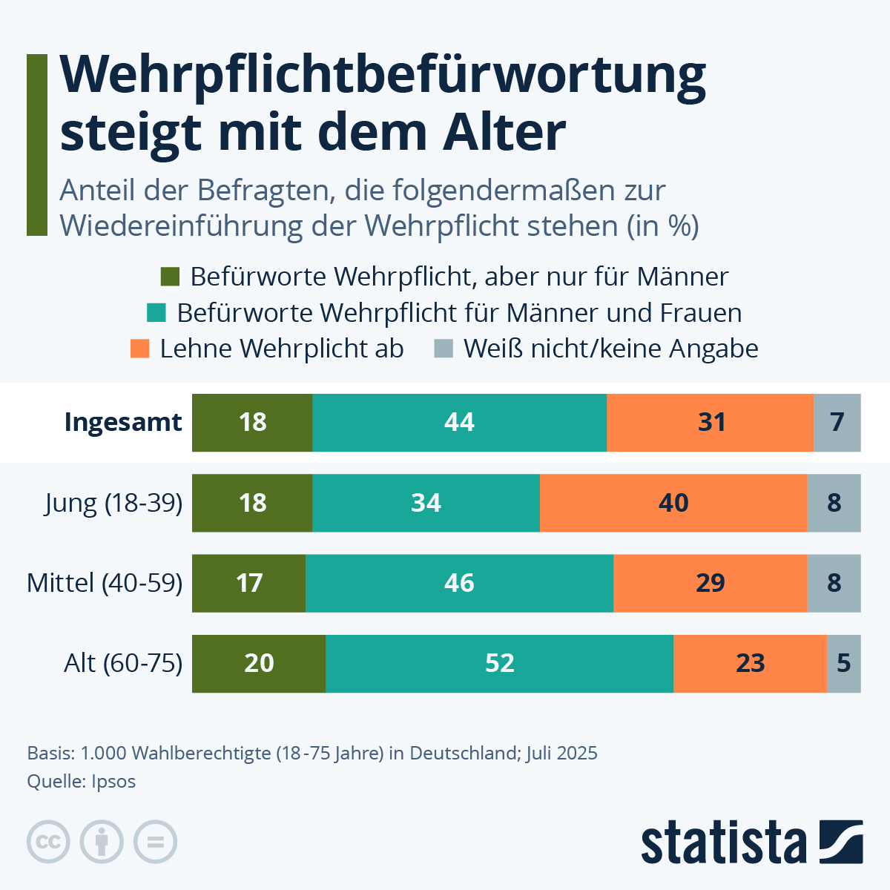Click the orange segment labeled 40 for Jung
(673, 503)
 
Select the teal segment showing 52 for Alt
(499, 663)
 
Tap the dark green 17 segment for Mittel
(248, 583)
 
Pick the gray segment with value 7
(837, 423)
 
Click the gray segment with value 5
(843, 663)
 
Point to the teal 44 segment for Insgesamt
(459, 423)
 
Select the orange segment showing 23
(750, 663)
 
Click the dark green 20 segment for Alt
(258, 663)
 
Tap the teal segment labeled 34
(426, 503)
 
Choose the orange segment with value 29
(710, 583)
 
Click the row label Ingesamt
(123, 422)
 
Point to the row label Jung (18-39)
(113, 503)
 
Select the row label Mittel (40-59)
(105, 583)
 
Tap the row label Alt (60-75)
(123, 663)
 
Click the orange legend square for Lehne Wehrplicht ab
(139, 349)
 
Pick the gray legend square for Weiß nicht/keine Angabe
(443, 349)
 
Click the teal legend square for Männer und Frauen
(156, 312)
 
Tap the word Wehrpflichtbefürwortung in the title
(382, 76)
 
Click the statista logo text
(723, 843)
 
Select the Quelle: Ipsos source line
(82, 781)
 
